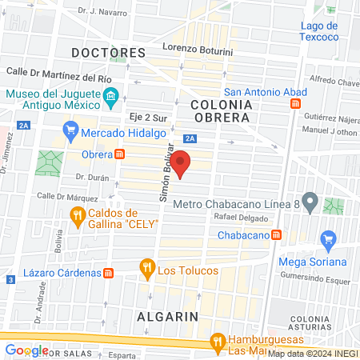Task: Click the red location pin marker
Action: [x=182, y=162]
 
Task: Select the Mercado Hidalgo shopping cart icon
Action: [x=70, y=130]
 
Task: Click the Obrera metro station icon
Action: [x=119, y=154]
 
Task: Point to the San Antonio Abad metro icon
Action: [x=296, y=104]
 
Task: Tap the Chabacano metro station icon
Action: [x=276, y=234]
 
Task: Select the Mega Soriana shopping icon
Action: [x=327, y=238]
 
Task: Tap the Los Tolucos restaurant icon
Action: [x=146, y=266]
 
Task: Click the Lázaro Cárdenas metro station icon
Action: [x=107, y=273]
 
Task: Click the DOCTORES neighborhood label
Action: [x=108, y=53]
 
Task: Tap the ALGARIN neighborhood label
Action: [x=166, y=316]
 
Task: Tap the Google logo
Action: [x=26, y=350]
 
